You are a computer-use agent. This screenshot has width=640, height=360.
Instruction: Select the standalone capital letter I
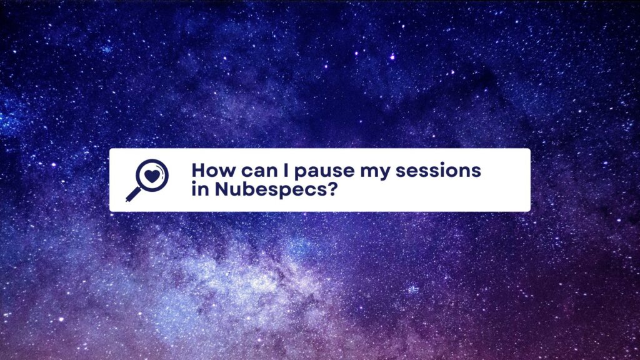[286, 170]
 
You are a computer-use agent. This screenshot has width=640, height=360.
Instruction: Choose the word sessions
[438, 171]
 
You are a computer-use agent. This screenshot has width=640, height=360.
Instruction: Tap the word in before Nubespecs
[201, 189]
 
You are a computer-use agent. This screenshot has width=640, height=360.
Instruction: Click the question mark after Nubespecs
[331, 189]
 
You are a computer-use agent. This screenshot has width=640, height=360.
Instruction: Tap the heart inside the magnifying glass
[152, 176]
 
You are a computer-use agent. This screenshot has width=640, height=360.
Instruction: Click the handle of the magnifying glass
[132, 194]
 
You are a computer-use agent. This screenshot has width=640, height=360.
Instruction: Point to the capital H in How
[199, 170]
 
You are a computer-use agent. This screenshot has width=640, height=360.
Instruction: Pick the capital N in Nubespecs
[222, 189]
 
